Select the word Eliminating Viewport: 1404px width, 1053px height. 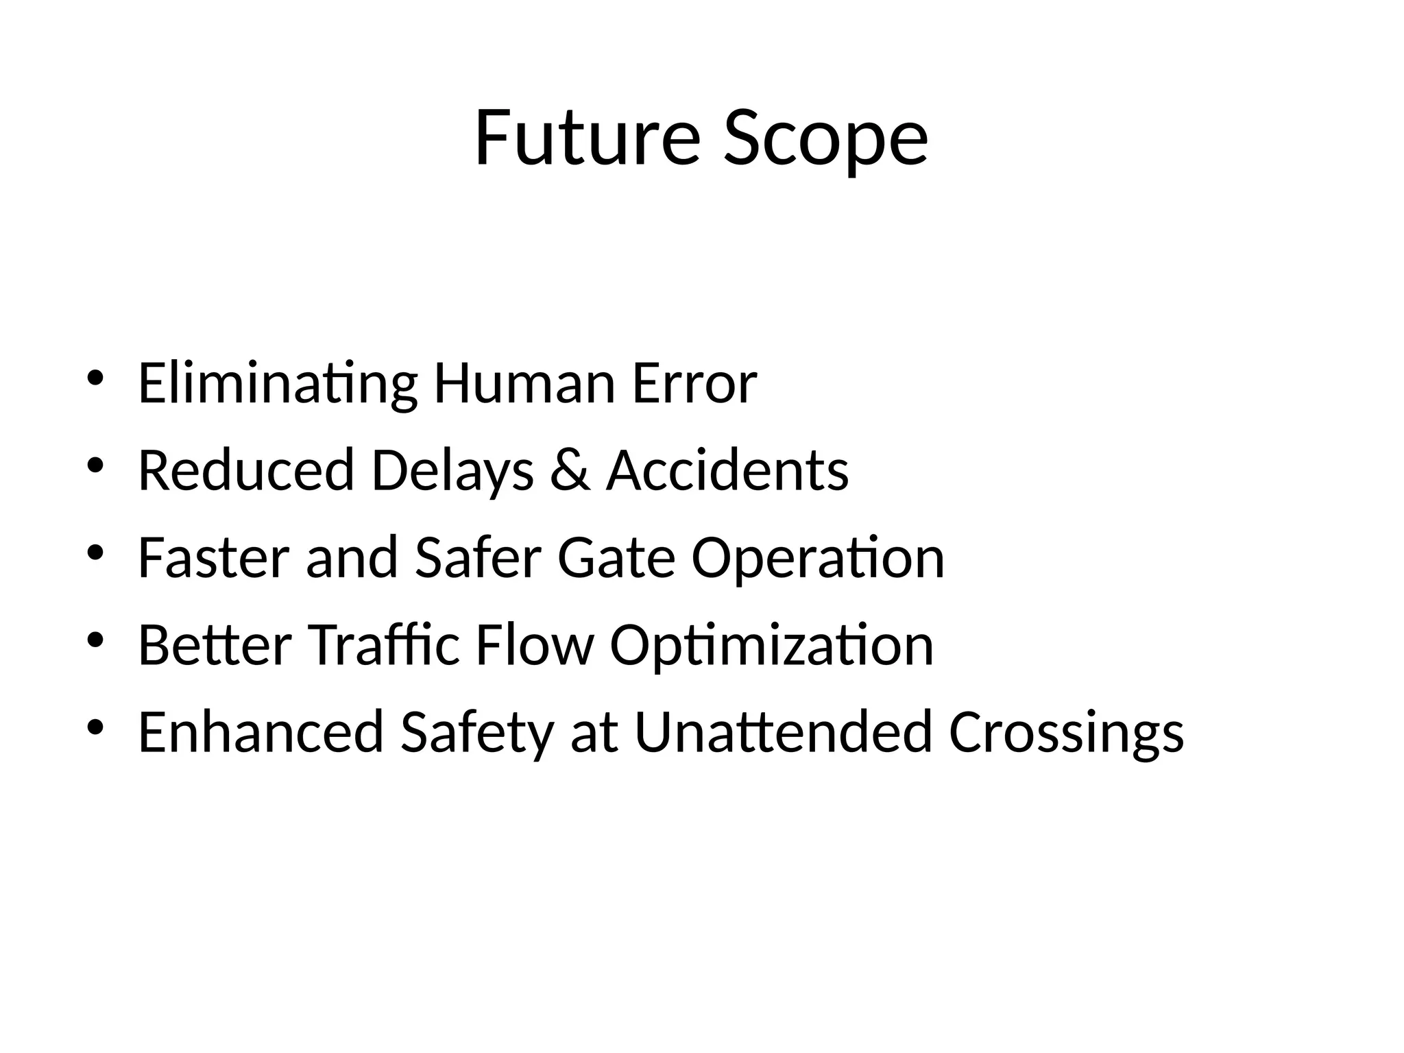tap(277, 384)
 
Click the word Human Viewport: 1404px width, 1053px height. tap(524, 384)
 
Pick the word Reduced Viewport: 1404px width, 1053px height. tap(246, 471)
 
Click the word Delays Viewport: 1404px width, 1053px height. tap(452, 471)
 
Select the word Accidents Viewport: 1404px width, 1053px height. tap(727, 471)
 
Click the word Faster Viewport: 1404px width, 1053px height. tap(215, 558)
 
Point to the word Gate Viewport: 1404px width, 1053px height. tap(616, 558)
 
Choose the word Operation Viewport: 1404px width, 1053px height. tap(818, 558)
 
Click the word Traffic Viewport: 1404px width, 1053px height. tap(384, 645)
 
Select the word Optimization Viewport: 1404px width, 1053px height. tap(772, 645)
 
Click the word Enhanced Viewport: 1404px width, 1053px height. tap(261, 732)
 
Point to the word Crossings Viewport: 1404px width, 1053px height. tap(1066, 732)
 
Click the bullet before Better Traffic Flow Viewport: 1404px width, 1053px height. tap(95, 640)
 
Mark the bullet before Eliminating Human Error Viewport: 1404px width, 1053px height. tap(95, 378)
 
